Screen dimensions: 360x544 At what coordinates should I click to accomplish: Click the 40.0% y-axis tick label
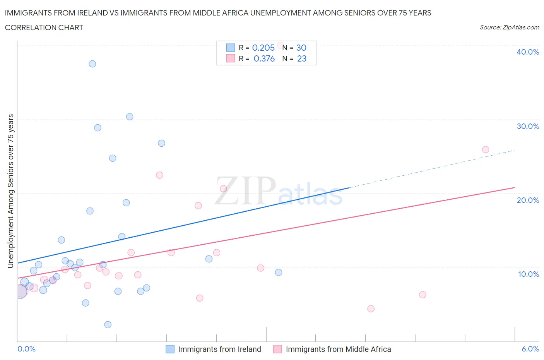(527, 52)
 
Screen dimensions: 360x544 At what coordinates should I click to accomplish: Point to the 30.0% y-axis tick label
(527, 126)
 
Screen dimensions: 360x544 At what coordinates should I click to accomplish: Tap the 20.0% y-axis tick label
(527, 200)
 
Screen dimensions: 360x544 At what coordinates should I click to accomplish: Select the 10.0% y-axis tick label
(528, 274)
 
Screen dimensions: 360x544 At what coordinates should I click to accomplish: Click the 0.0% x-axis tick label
(26, 349)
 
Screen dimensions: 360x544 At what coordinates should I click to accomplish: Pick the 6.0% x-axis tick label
(530, 349)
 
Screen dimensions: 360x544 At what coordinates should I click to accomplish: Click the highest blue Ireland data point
(92, 64)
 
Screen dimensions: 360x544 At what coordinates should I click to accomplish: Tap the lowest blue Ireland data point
(108, 324)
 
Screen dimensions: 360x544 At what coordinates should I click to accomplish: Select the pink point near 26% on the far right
(486, 149)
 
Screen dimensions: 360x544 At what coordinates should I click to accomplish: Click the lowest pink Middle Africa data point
(371, 309)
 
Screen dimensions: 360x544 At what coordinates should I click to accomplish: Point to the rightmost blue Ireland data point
(279, 273)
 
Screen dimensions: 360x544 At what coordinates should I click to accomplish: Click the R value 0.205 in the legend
(263, 48)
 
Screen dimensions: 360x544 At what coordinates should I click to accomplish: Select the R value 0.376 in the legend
(264, 58)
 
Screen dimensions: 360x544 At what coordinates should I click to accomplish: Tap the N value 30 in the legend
(301, 48)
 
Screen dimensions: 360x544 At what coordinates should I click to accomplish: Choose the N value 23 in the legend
(301, 58)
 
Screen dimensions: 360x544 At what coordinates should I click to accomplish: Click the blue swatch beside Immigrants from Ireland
(170, 349)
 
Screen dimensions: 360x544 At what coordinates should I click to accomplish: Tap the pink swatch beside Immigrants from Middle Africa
(277, 349)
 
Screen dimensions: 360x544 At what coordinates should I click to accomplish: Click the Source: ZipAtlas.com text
(509, 27)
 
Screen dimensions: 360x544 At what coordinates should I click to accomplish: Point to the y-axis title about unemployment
(11, 191)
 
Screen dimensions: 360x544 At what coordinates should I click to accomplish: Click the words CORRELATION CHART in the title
(44, 27)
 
